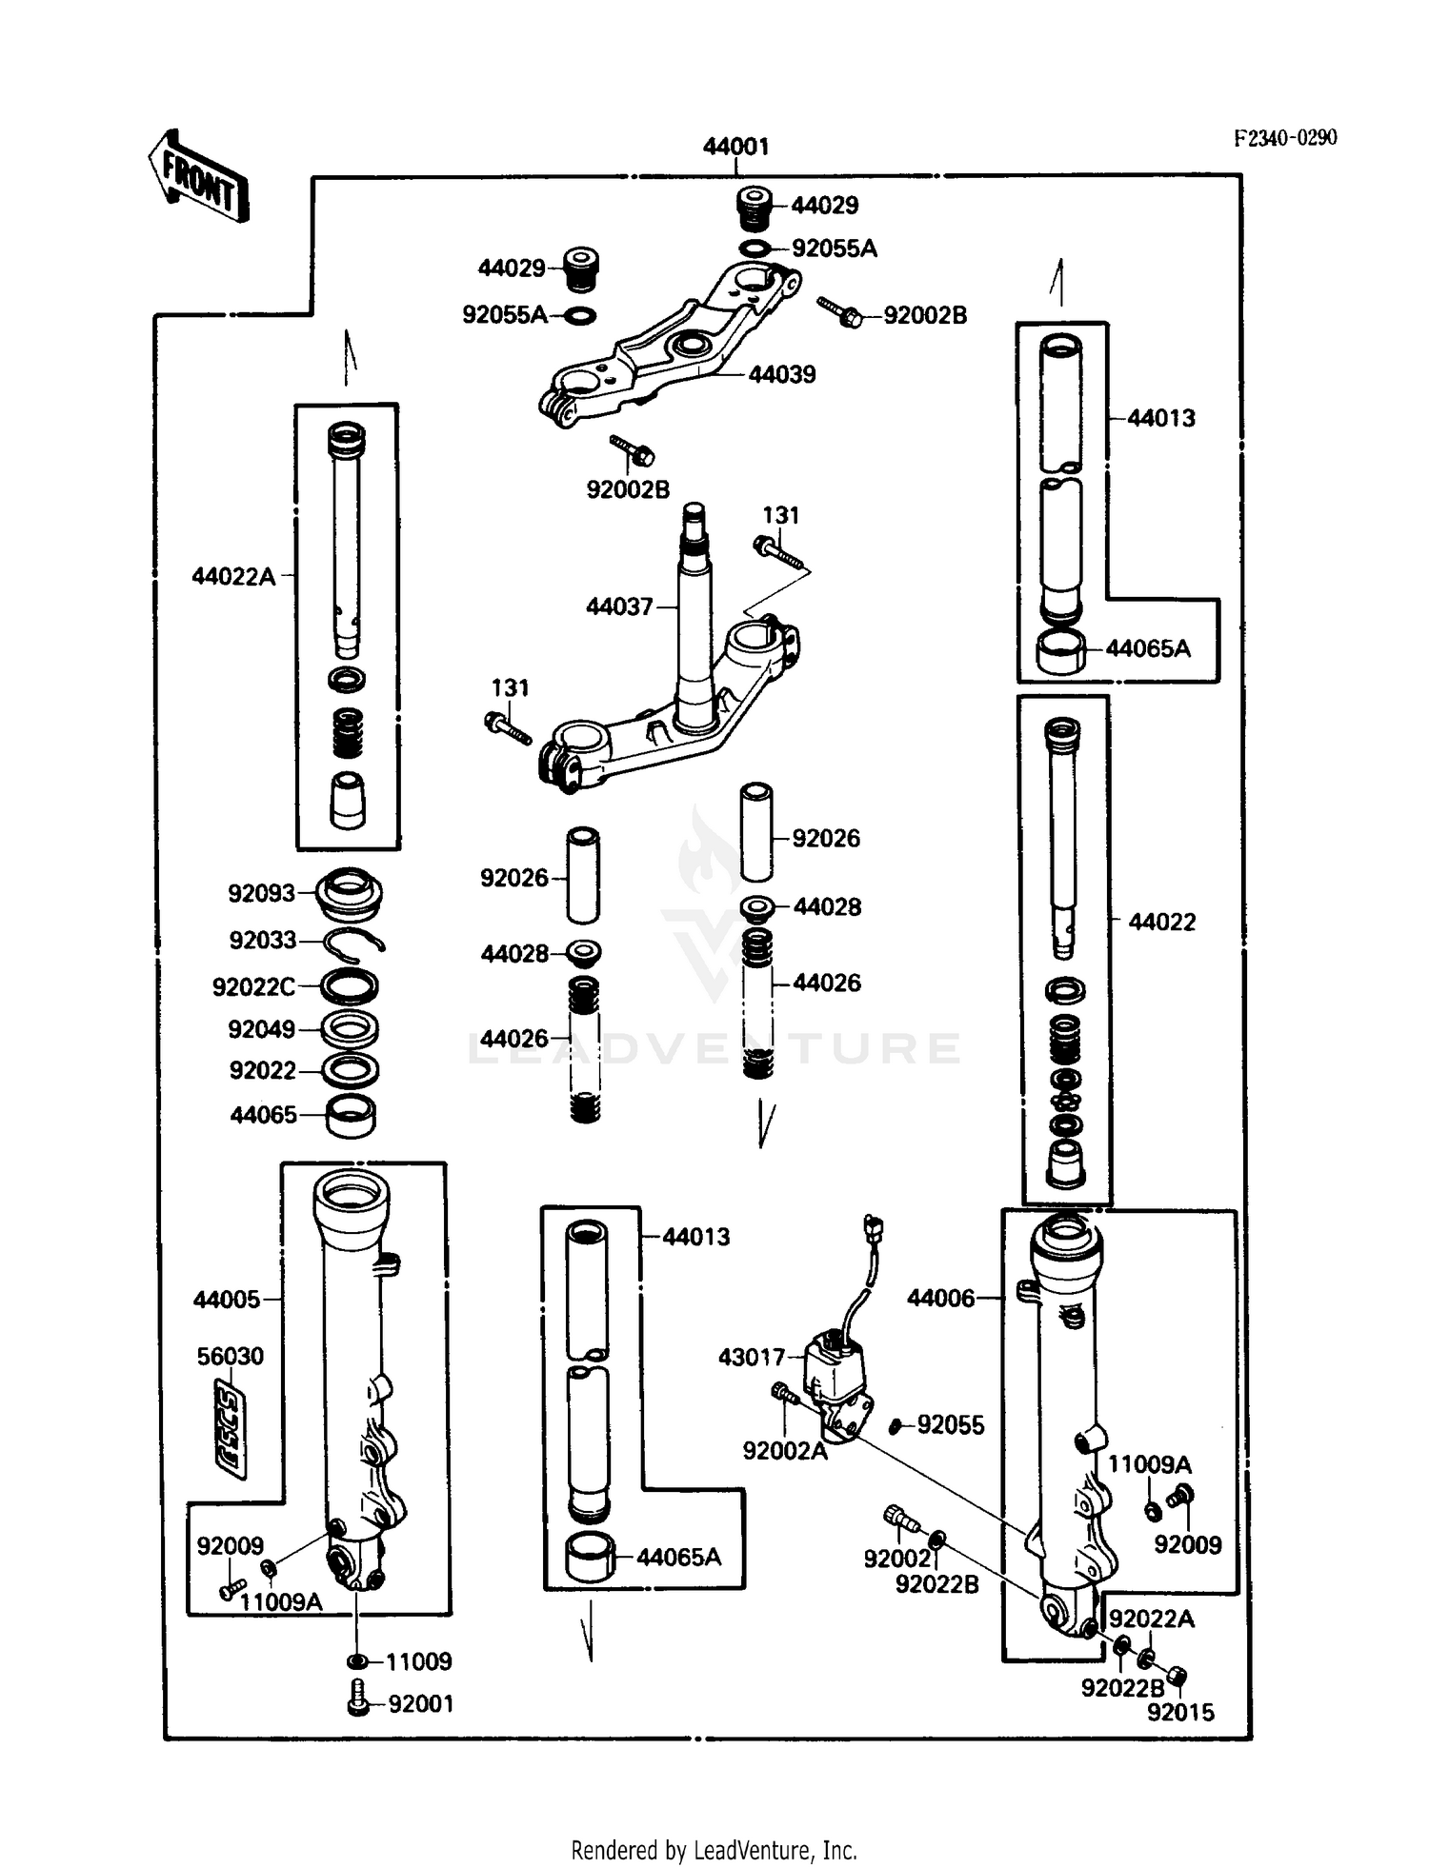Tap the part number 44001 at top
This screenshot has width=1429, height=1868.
tap(735, 147)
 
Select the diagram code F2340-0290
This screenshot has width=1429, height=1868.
tap(1285, 138)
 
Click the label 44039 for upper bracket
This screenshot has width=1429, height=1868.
tap(781, 374)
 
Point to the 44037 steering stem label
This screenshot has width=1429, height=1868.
tap(619, 606)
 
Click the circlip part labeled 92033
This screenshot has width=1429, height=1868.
tap(353, 941)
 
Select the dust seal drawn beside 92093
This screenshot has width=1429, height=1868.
tap(350, 893)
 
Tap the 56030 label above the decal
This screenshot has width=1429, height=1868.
tap(230, 1356)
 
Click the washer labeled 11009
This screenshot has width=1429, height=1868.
tap(357, 1661)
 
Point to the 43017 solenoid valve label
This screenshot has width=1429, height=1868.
tap(752, 1357)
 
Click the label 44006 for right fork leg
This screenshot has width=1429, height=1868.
tap(940, 1298)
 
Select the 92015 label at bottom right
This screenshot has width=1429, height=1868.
tap(1180, 1713)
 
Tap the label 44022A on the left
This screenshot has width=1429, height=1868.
tap(233, 576)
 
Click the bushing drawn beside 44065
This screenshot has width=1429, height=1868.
tap(351, 1116)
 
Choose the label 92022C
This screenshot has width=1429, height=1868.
tap(253, 987)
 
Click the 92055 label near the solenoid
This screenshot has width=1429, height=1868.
tap(950, 1425)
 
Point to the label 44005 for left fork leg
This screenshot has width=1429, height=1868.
tap(227, 1300)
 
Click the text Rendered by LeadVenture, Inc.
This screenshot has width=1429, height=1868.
tap(714, 1850)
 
